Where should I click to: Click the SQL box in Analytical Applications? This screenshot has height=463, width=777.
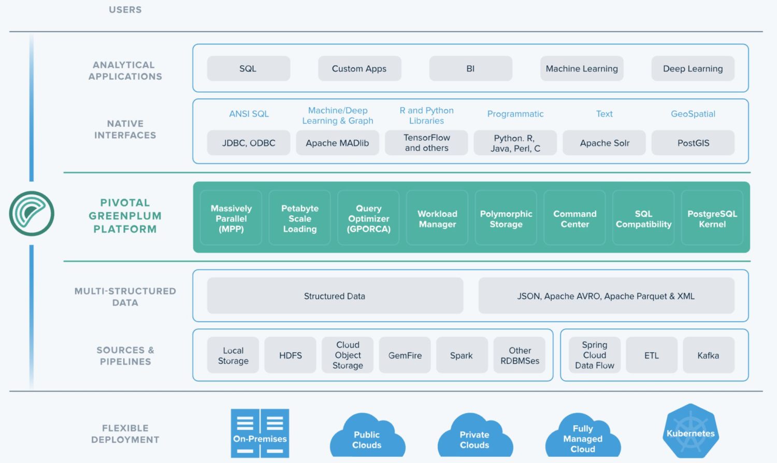coord(248,68)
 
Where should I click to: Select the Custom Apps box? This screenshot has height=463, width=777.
coord(359,68)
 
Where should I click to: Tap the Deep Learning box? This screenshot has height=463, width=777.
coord(693,68)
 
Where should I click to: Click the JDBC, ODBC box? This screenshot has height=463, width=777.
coord(249,143)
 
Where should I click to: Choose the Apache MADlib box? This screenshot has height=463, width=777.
coord(337,143)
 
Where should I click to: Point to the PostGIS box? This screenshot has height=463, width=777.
coord(693,143)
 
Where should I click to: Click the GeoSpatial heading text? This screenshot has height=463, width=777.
coord(693,114)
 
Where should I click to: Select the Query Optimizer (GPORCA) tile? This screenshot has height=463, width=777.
coord(368,219)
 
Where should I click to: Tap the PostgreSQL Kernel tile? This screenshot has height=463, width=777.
coord(712,219)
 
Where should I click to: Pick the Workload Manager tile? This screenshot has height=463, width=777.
coord(437,219)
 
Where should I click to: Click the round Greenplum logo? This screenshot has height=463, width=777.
coord(32,213)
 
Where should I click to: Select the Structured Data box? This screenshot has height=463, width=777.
coord(335,296)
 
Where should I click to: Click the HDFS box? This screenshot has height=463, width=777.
coord(290,355)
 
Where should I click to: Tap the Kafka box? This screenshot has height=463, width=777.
coord(708,355)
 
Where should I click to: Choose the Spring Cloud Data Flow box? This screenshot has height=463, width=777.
coord(594,355)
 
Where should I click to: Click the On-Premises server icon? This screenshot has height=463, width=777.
coord(260,433)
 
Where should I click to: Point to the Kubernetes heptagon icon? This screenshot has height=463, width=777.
coord(690,431)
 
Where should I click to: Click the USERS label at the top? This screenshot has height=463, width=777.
coord(125,10)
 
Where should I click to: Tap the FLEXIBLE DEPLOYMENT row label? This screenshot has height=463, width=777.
coord(125,434)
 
